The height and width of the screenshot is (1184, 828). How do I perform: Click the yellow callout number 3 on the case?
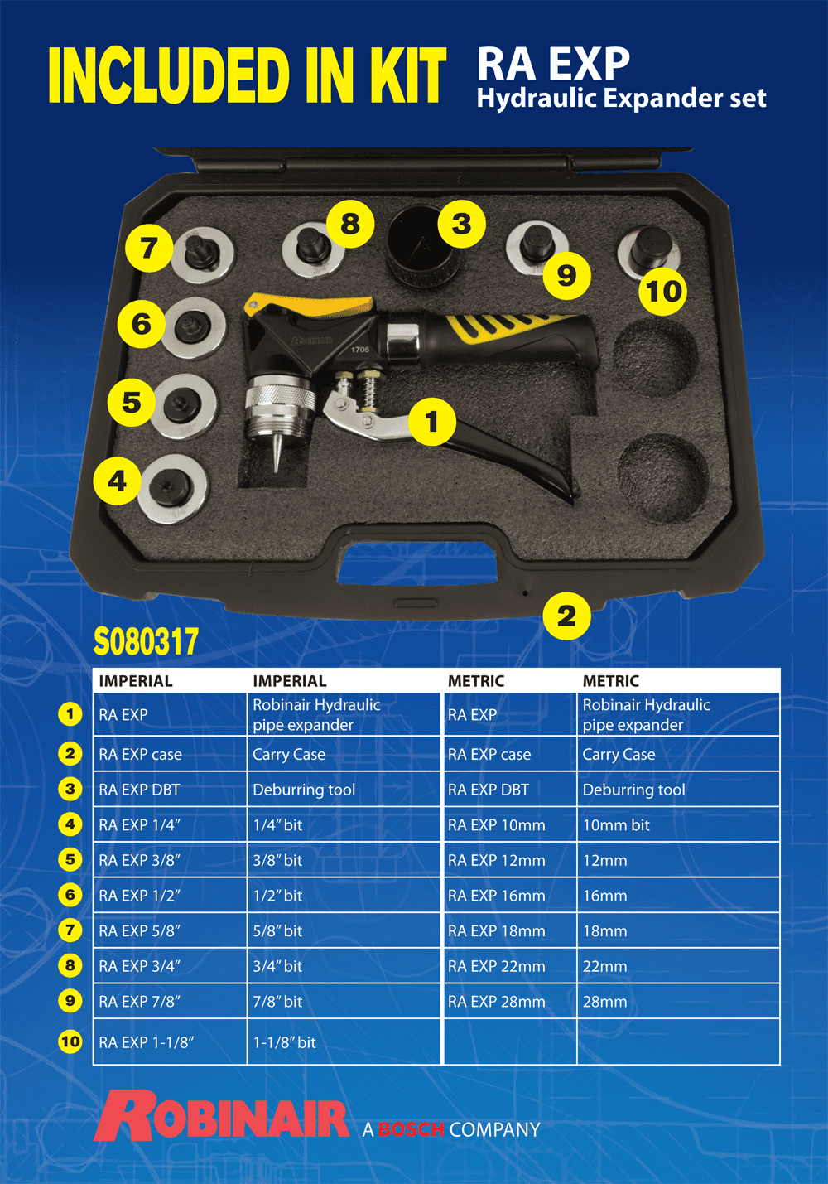(461, 223)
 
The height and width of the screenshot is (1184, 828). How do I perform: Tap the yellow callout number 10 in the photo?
(663, 291)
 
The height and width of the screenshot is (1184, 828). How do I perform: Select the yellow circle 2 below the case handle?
(566, 616)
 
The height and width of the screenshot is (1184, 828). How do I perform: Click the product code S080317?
(147, 642)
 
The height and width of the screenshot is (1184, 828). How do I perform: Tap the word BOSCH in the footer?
(411, 1129)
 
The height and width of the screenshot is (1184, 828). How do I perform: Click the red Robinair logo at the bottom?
(222, 1118)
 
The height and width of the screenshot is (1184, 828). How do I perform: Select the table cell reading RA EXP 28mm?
(496, 1002)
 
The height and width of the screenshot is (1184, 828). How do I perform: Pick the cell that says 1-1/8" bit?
(284, 1042)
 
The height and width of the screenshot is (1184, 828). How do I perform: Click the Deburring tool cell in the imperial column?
(304, 790)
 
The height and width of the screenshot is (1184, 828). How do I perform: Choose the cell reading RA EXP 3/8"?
(139, 860)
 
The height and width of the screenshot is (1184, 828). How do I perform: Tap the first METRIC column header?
(476, 681)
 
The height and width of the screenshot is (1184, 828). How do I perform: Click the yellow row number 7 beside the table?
(70, 930)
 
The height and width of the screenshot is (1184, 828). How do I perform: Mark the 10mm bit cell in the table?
(616, 825)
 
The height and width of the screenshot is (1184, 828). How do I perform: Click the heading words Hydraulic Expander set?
(621, 99)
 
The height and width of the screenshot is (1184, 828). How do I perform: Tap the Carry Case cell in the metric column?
(619, 755)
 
